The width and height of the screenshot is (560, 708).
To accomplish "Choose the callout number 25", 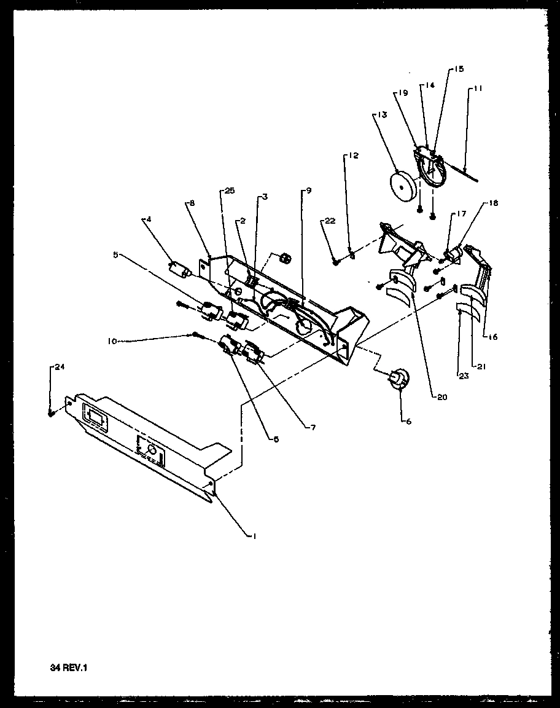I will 229,192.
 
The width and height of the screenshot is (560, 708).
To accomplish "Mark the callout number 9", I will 308,191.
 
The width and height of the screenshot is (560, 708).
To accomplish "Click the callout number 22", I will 330,221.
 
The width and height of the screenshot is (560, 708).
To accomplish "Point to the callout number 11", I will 478,88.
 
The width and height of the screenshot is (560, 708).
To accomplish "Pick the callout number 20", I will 441,397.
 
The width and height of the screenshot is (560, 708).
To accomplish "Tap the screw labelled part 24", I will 52,413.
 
